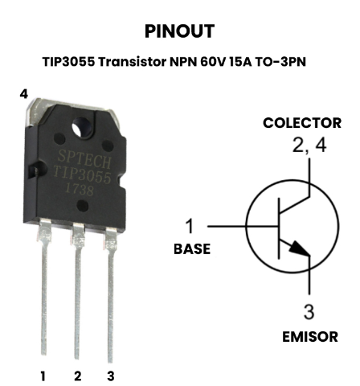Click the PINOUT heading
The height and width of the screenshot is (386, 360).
coord(179,31)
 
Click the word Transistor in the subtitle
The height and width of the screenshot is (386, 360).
coord(133,62)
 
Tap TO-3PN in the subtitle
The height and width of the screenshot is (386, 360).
coord(280,62)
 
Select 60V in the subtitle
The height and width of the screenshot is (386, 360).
coord(213,62)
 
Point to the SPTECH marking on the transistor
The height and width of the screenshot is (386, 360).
coord(84,159)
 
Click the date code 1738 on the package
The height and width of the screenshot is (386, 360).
coord(80,190)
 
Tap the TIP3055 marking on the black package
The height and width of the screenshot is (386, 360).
coord(82,175)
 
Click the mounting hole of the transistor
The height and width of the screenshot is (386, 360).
coord(82,127)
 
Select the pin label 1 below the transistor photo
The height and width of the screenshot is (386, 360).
coord(43,376)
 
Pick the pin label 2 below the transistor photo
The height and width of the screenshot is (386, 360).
coord(77,376)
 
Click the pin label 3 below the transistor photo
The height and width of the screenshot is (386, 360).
coord(111,376)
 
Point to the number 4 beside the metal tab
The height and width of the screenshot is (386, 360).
coord(24,94)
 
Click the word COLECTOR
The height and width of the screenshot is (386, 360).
coord(302,123)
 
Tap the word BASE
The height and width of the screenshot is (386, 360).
coord(192,249)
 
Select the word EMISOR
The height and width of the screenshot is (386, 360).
coord(310,337)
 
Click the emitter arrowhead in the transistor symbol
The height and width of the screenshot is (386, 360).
coord(300,249)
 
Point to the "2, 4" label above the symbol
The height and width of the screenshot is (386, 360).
coord(309,146)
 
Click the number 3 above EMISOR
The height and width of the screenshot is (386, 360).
coord(309,311)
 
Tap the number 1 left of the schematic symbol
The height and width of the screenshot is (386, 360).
coord(190,226)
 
